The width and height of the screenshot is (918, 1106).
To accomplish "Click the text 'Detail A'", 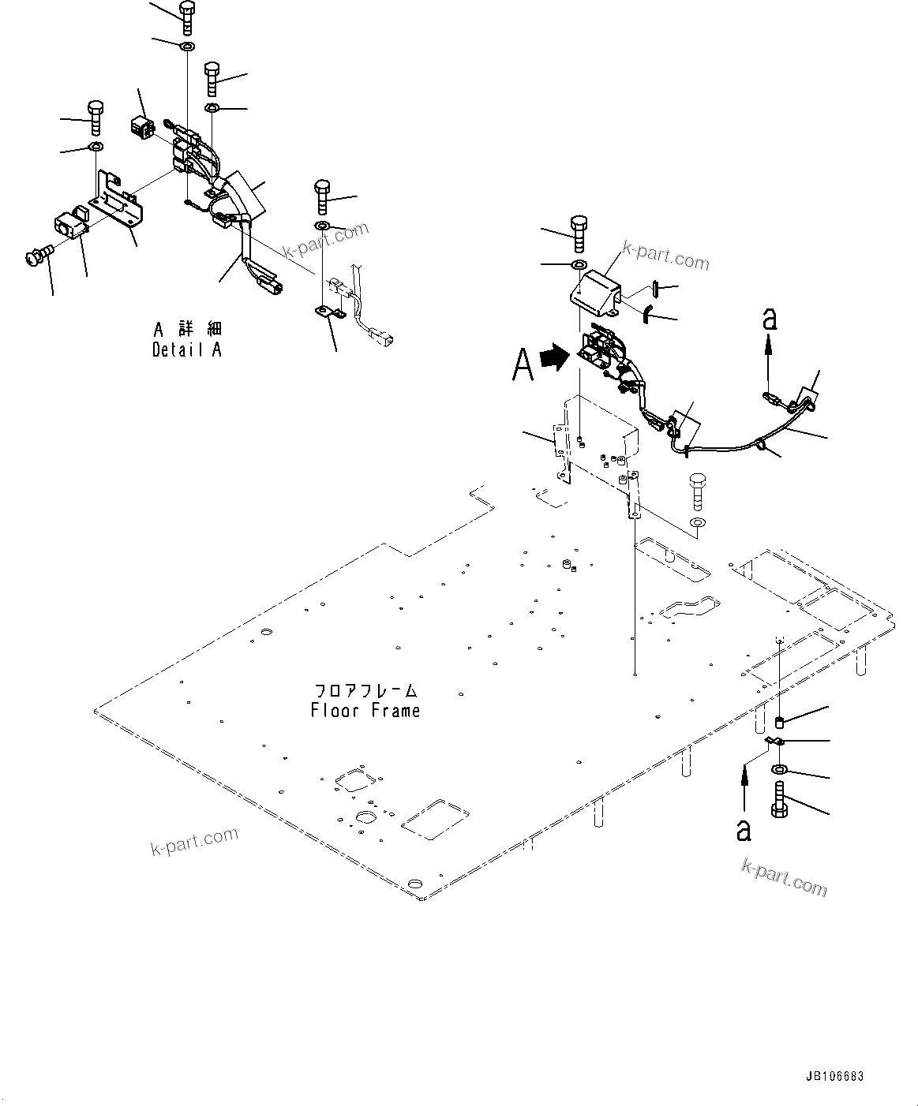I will click(186, 349).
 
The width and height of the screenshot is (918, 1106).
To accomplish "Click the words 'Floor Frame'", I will click(365, 711).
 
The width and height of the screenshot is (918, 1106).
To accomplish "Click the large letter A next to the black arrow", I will click(523, 364).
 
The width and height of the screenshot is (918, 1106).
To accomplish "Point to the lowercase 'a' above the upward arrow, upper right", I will click(770, 319).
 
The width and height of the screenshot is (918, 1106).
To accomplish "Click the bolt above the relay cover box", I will click(579, 232).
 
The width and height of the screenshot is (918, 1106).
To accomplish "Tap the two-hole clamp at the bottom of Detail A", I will click(328, 313).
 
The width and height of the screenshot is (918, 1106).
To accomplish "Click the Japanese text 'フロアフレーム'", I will click(365, 691).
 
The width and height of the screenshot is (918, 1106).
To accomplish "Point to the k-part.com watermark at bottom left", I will click(193, 841).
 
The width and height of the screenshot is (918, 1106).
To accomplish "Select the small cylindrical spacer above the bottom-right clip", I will click(780, 721).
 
